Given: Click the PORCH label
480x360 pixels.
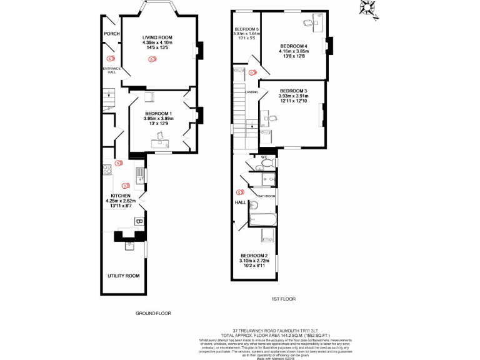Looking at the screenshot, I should (111, 34).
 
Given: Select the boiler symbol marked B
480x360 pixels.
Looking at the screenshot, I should (139, 222).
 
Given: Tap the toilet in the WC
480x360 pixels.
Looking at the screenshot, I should (267, 162).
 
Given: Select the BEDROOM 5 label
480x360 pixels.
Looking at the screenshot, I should (246, 29).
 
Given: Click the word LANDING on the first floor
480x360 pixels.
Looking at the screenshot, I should (252, 92).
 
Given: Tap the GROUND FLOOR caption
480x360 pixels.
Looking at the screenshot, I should (153, 313).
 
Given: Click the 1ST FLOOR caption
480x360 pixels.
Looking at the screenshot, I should (284, 299).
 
